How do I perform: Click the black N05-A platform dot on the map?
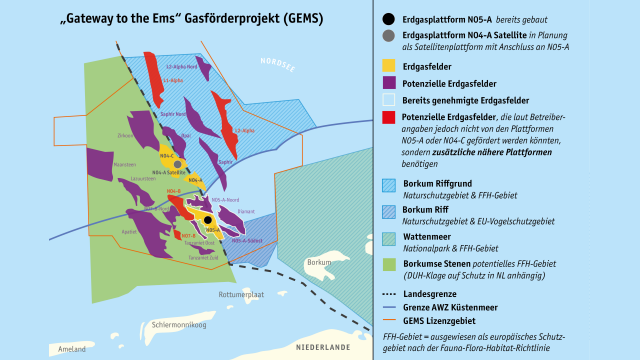(207, 219)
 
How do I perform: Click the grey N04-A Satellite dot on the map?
(177, 164)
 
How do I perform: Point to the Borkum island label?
(319, 263)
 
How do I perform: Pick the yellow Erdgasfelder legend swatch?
(388, 64)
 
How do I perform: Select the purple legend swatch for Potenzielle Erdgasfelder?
(388, 82)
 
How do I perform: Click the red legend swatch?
(388, 118)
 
